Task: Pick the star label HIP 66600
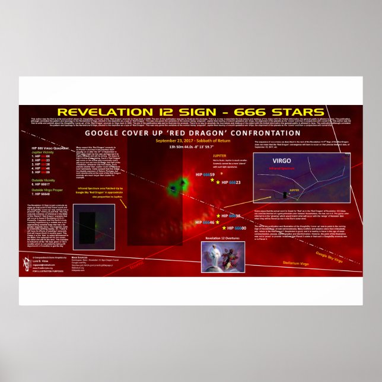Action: click(235, 228)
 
